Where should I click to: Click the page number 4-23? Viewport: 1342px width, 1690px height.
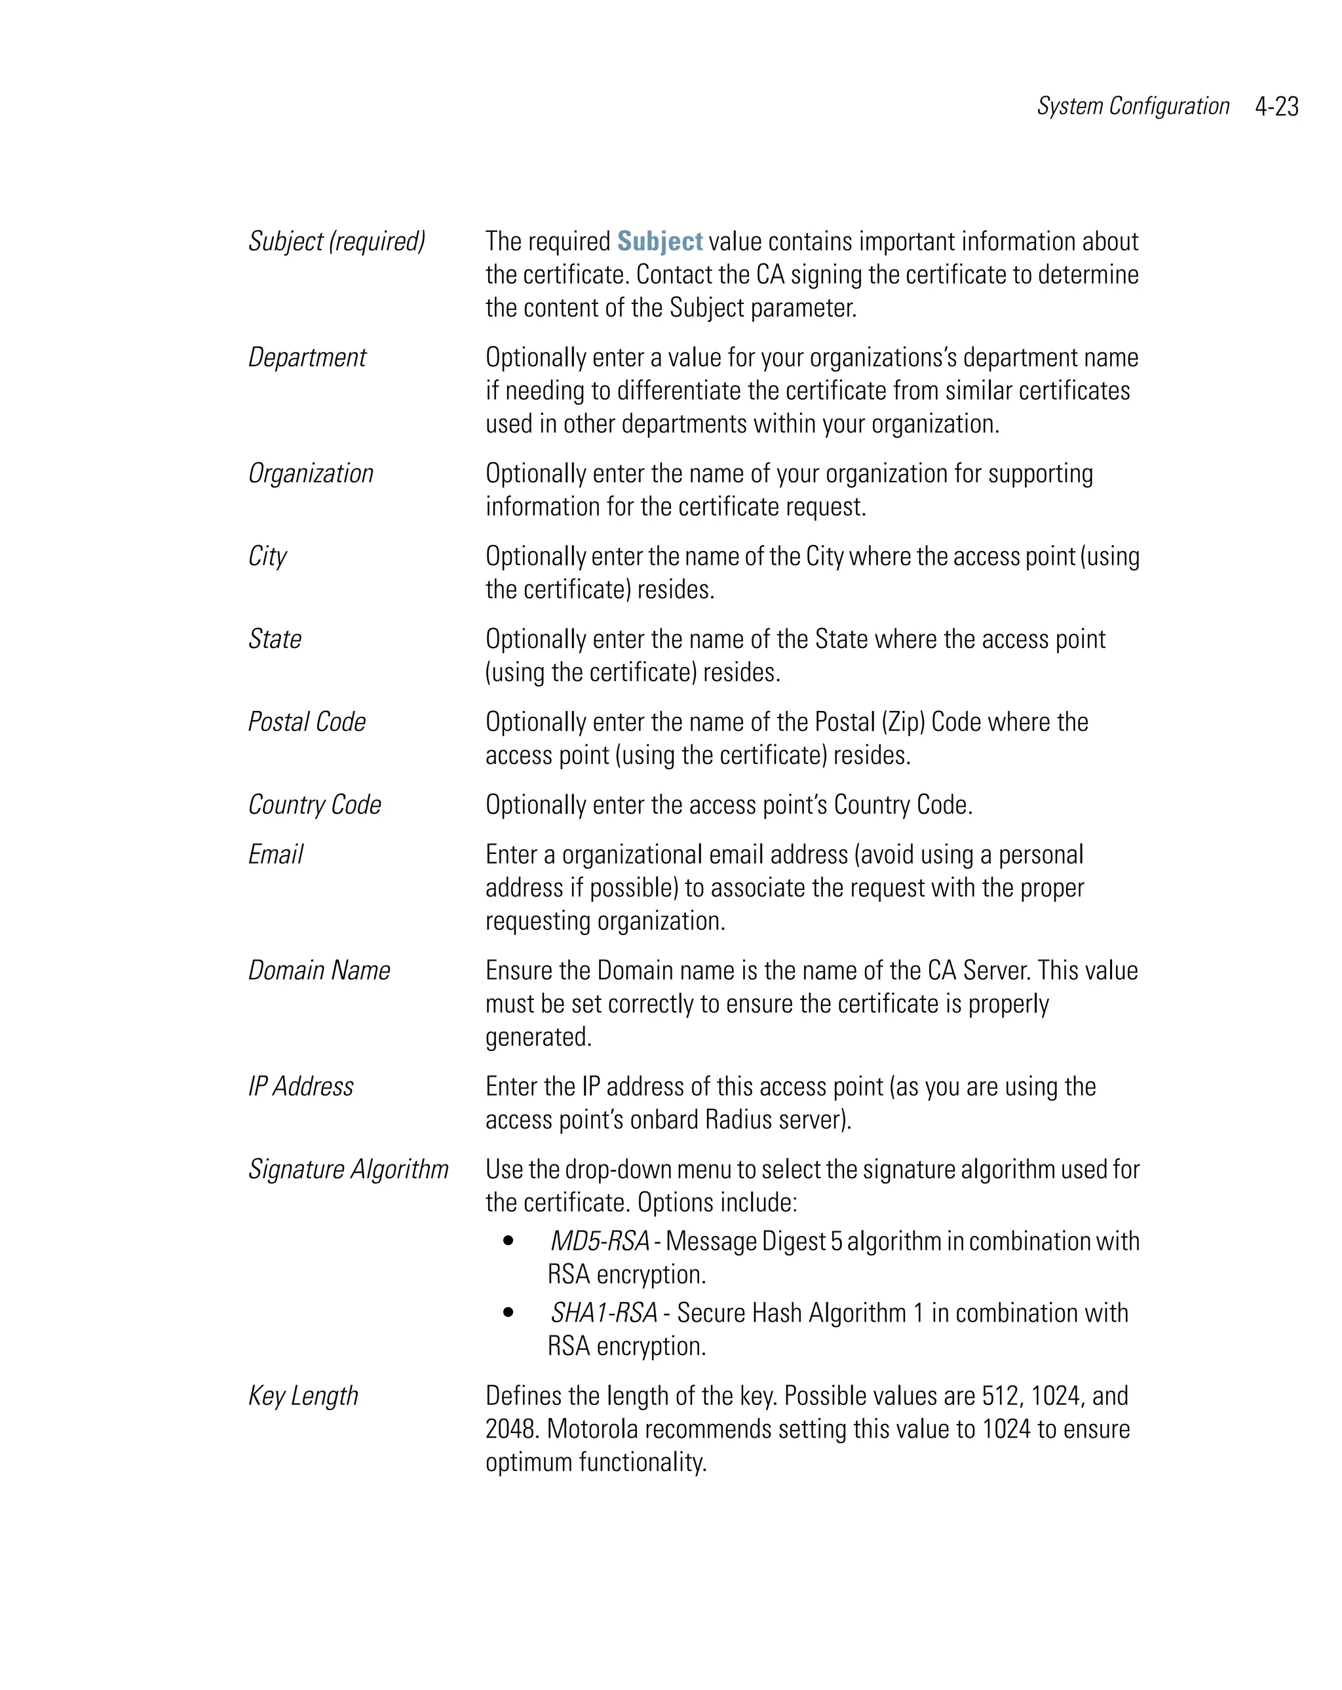pos(1276,107)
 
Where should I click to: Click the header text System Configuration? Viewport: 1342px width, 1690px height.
pos(1133,107)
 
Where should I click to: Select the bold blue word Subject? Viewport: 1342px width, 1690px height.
pos(659,241)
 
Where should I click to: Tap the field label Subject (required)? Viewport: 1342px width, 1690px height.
pos(337,241)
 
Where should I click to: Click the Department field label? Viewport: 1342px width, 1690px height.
pos(307,357)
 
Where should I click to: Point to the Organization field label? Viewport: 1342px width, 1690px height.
pos(311,474)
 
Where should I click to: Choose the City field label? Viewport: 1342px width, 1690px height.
pos(267,556)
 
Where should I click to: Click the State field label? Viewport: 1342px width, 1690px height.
pos(275,639)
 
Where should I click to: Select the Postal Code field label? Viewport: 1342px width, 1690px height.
pos(307,722)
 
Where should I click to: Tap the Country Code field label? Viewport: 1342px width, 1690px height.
pos(315,805)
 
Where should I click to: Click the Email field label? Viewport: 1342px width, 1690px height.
pos(276,855)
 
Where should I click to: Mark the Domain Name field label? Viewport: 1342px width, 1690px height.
pos(320,970)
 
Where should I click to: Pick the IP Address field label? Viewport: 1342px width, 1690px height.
pos(301,1086)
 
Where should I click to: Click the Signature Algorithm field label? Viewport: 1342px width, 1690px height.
pos(349,1170)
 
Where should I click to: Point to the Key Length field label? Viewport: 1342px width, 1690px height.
pos(303,1396)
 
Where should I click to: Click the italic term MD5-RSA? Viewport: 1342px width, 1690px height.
pos(600,1242)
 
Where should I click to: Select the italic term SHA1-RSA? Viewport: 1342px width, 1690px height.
pos(604,1313)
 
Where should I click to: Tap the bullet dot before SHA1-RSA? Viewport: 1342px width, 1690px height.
pos(508,1313)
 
